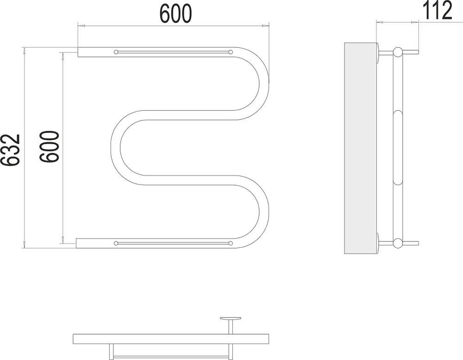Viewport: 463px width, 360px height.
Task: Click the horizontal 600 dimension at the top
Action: coord(175,13)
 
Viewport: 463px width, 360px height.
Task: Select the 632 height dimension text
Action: coord(10,150)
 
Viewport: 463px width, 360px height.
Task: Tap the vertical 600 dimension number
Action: coord(50,146)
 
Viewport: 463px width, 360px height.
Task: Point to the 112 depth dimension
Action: coord(438,10)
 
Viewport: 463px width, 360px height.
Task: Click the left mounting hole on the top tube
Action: coord(116,52)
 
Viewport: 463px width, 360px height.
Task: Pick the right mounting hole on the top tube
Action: coord(231,52)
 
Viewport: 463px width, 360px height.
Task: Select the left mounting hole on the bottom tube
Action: coord(116,243)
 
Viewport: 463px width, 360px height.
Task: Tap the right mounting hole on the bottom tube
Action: coord(231,243)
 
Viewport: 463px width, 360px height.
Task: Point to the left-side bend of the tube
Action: coord(116,148)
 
